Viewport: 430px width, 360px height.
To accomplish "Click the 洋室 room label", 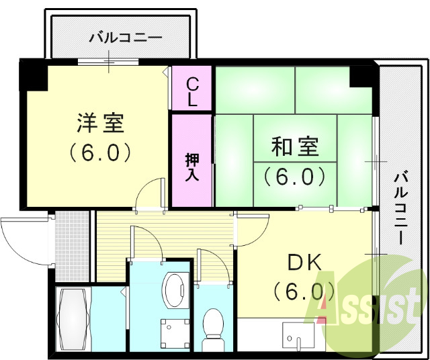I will click(100, 124).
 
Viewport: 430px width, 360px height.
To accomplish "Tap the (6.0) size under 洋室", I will click(100, 153).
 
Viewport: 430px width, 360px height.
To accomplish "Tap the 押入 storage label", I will click(192, 166).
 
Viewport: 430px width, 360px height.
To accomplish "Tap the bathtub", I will click(72, 321).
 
